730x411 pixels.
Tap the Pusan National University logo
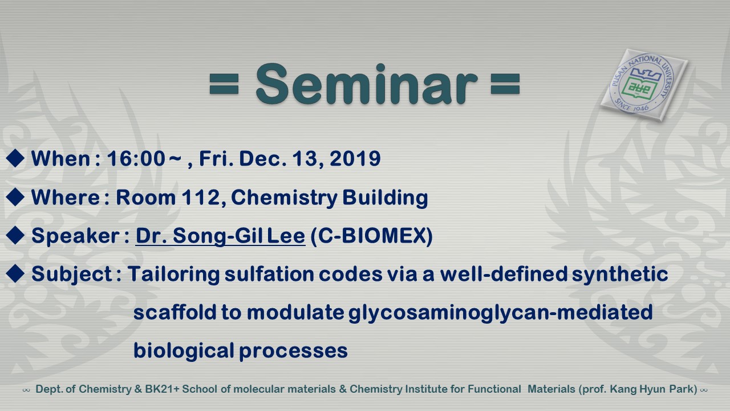point(644,85)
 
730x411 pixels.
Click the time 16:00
point(136,159)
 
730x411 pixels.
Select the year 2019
point(355,159)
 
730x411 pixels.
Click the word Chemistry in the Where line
point(284,198)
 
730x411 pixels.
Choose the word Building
point(385,198)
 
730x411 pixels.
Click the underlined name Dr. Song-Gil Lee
point(220,236)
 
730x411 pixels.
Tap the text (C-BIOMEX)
point(371,236)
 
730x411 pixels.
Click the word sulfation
point(269,273)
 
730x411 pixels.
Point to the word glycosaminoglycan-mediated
point(501,313)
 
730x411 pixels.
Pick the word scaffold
point(175,312)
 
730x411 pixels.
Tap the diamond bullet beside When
point(15,158)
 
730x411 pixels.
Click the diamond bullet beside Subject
point(15,273)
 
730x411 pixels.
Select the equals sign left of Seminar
point(224,84)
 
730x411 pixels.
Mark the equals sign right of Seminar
point(505,84)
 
